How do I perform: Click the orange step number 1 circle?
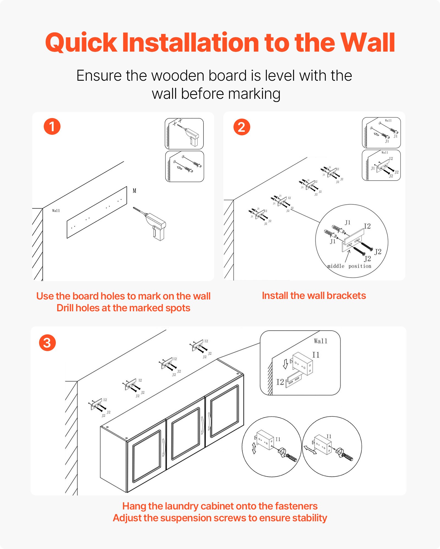point(52,127)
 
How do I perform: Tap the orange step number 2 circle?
point(241,127)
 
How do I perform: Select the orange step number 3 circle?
point(47,343)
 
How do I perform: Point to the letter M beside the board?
point(134,191)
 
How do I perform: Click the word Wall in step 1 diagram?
point(56,211)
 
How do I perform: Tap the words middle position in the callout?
point(349,266)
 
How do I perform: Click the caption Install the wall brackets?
point(314,296)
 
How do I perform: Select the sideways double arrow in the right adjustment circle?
point(310,450)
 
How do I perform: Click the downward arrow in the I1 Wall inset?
point(285,364)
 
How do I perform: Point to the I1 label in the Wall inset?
point(316,355)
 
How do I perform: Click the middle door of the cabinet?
point(186,434)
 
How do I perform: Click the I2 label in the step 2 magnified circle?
point(367,226)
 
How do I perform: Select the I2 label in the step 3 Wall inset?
point(280,382)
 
